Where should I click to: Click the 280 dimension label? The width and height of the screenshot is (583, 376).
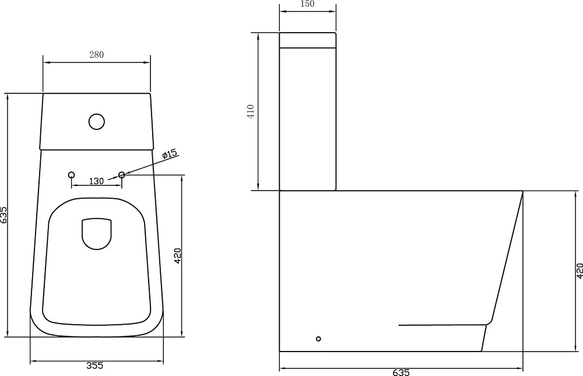[x=96, y=54]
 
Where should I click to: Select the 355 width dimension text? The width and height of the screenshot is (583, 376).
[x=95, y=366]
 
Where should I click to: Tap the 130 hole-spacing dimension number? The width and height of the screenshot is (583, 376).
[x=96, y=181]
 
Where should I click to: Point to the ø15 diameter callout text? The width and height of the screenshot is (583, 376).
[x=170, y=154]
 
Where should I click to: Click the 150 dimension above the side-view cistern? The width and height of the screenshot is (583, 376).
[x=307, y=4]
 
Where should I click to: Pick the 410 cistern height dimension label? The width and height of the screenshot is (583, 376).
[x=250, y=111]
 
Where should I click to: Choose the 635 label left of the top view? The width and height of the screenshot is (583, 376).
[x=3, y=215]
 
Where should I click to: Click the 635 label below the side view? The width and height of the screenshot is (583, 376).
[x=401, y=372]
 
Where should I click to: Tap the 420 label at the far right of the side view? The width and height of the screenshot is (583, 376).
[x=580, y=270]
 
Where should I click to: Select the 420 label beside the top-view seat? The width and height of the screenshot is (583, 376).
[x=177, y=256]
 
